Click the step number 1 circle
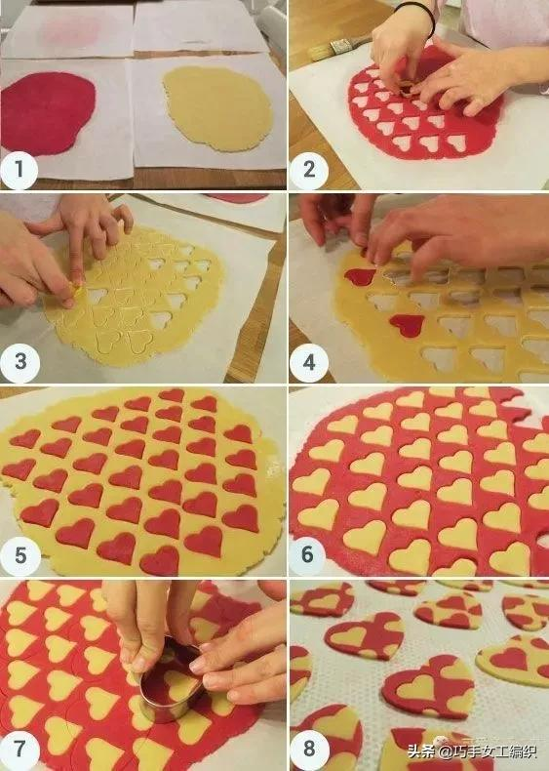[20, 170]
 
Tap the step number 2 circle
[309, 170]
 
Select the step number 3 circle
[20, 362]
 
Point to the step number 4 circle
[309, 363]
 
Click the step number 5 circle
[20, 555]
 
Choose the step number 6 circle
[308, 554]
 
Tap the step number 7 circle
[19, 749]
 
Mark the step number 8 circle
[309, 749]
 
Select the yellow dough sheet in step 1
[218, 109]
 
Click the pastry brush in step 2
[339, 47]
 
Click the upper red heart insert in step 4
[360, 276]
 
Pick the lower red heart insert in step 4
[408, 325]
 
